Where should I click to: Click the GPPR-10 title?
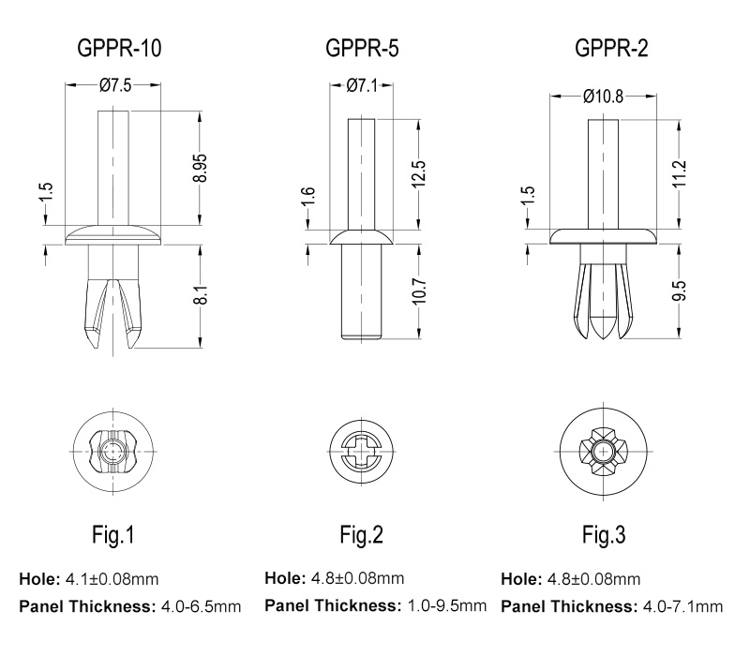[x=119, y=48]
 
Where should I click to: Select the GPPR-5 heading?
[x=362, y=48]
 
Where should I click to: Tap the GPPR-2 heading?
[x=611, y=48]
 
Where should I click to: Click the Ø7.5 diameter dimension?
[x=114, y=85]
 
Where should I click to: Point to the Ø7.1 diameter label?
[x=362, y=85]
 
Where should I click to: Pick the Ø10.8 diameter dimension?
[x=603, y=97]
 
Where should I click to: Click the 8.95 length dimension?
[x=202, y=168]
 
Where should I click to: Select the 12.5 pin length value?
[x=418, y=174]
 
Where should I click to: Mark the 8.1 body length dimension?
[x=202, y=295]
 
